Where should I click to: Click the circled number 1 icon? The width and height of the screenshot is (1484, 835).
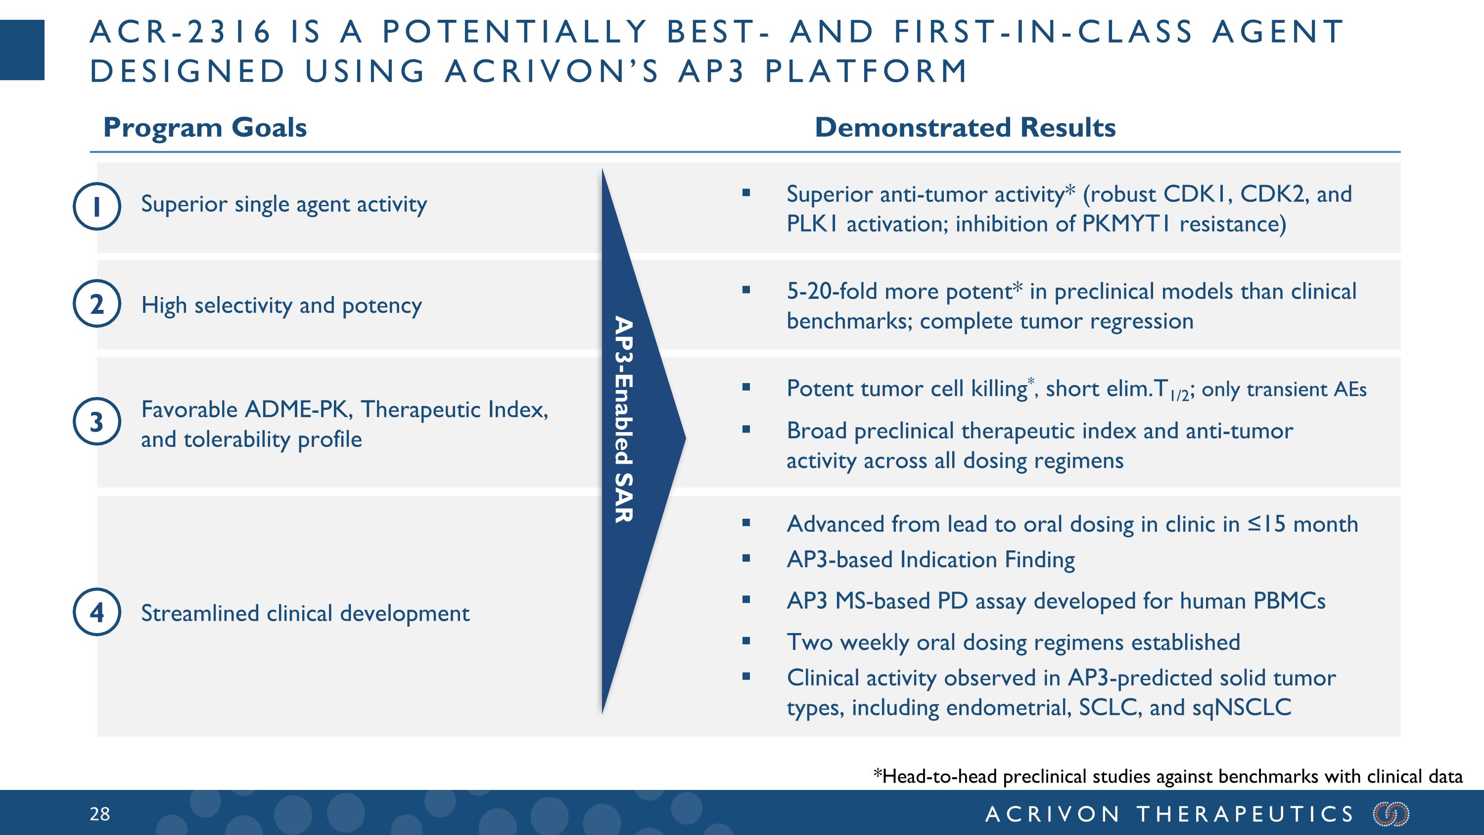point(97,206)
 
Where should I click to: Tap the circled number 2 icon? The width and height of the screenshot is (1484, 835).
point(97,304)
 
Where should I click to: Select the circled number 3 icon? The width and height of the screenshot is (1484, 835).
point(97,421)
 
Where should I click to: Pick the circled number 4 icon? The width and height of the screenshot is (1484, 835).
point(97,612)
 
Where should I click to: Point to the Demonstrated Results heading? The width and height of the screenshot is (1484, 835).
point(965,127)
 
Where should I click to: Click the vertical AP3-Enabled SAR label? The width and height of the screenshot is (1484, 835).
point(623,419)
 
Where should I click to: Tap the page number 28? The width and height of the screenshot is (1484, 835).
point(99,814)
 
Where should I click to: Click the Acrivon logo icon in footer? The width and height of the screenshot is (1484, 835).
point(1391,814)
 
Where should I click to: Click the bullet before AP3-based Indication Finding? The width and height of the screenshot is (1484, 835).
point(746,558)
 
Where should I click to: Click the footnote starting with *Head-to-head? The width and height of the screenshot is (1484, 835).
point(1168,776)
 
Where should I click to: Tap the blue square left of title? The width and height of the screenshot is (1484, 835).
point(22,49)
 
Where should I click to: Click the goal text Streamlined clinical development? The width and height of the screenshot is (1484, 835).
point(305,613)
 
